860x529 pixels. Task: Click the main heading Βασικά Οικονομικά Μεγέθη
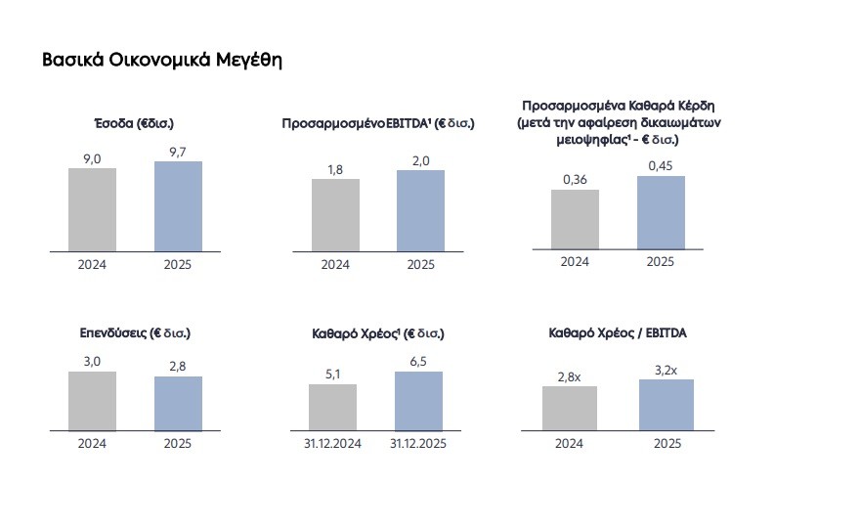161,61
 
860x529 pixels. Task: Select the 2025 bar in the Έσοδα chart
178,206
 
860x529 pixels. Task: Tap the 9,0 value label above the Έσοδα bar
92,157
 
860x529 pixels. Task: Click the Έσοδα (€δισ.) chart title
134,124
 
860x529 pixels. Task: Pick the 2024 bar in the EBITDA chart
335,215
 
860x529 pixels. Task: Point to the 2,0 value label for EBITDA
420,160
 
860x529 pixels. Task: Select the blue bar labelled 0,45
661,212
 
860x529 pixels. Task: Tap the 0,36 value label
575,179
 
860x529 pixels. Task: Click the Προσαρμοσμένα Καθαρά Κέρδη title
613,122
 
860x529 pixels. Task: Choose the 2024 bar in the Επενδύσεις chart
92,401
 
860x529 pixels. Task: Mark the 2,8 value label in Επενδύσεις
178,366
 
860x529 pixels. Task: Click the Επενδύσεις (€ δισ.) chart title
135,333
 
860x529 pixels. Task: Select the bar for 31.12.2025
418,401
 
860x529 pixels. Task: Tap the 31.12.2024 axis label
332,443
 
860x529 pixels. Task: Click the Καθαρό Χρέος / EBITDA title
618,333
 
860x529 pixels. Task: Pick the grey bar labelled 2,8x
569,408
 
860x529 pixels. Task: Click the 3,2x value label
666,369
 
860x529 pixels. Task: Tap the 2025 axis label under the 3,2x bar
666,443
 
